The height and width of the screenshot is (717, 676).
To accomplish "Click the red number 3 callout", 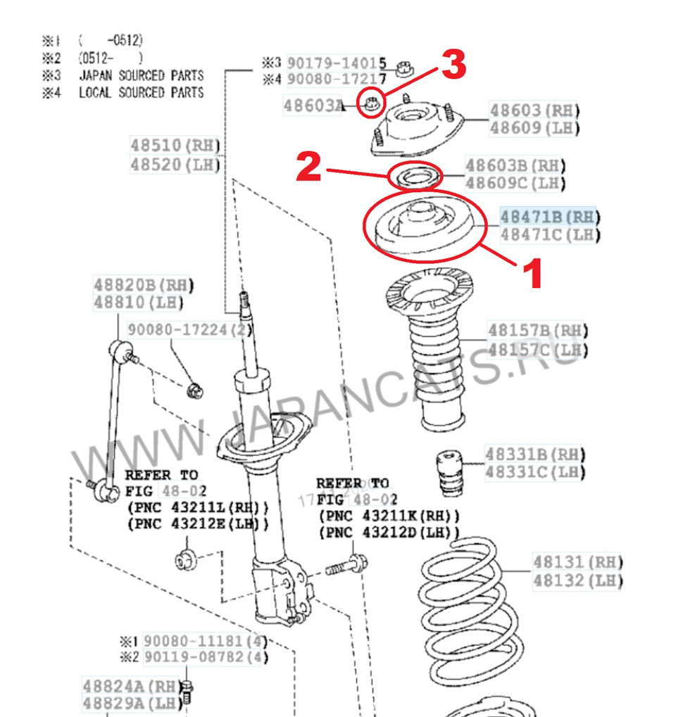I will (x=453, y=67).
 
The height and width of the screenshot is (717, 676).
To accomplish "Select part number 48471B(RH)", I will (x=549, y=216).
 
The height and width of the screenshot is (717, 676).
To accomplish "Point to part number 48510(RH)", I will (x=175, y=146).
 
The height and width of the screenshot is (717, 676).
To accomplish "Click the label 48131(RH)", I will (x=577, y=562).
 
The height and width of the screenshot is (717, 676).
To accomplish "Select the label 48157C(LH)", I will (x=538, y=350).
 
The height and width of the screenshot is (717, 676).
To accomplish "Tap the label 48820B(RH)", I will (x=143, y=285).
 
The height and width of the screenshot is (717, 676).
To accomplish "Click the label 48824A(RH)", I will (x=131, y=686).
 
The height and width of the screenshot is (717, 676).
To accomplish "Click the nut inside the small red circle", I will (x=371, y=105).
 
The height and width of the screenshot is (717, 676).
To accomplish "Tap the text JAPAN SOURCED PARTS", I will (x=141, y=75).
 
